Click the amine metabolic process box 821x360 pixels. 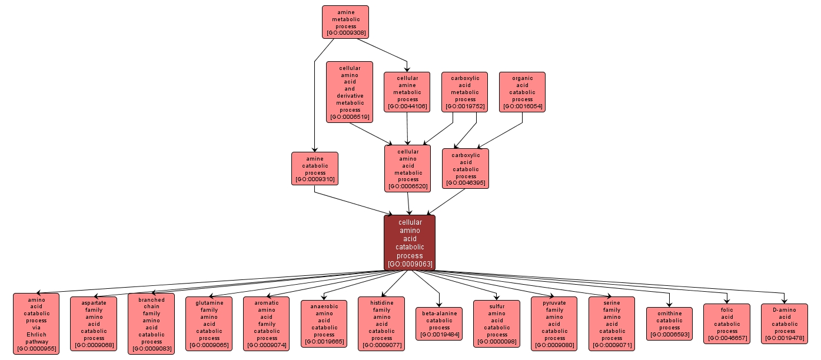pos(345,22)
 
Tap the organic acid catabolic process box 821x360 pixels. pos(522,92)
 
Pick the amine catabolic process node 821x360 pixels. pos(315,168)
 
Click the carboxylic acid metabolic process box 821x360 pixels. pos(465,92)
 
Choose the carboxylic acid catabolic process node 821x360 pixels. pos(466,168)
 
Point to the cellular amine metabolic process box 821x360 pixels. pos(407,92)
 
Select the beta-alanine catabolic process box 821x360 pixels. pos(439,324)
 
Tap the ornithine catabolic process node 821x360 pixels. pos(669,324)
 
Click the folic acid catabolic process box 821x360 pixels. pos(727,324)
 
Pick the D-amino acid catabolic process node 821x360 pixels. pos(785,324)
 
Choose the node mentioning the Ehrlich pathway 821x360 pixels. pos(36,324)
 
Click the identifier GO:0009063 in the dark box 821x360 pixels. pos(410,264)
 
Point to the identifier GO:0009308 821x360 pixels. pos(345,34)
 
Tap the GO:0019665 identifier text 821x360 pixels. pos(324,342)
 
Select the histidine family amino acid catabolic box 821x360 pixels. pos(381,324)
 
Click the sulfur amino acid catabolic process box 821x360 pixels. pos(497,324)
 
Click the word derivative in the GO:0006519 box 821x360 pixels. pos(350,95)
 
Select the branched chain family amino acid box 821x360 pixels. pos(151,324)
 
